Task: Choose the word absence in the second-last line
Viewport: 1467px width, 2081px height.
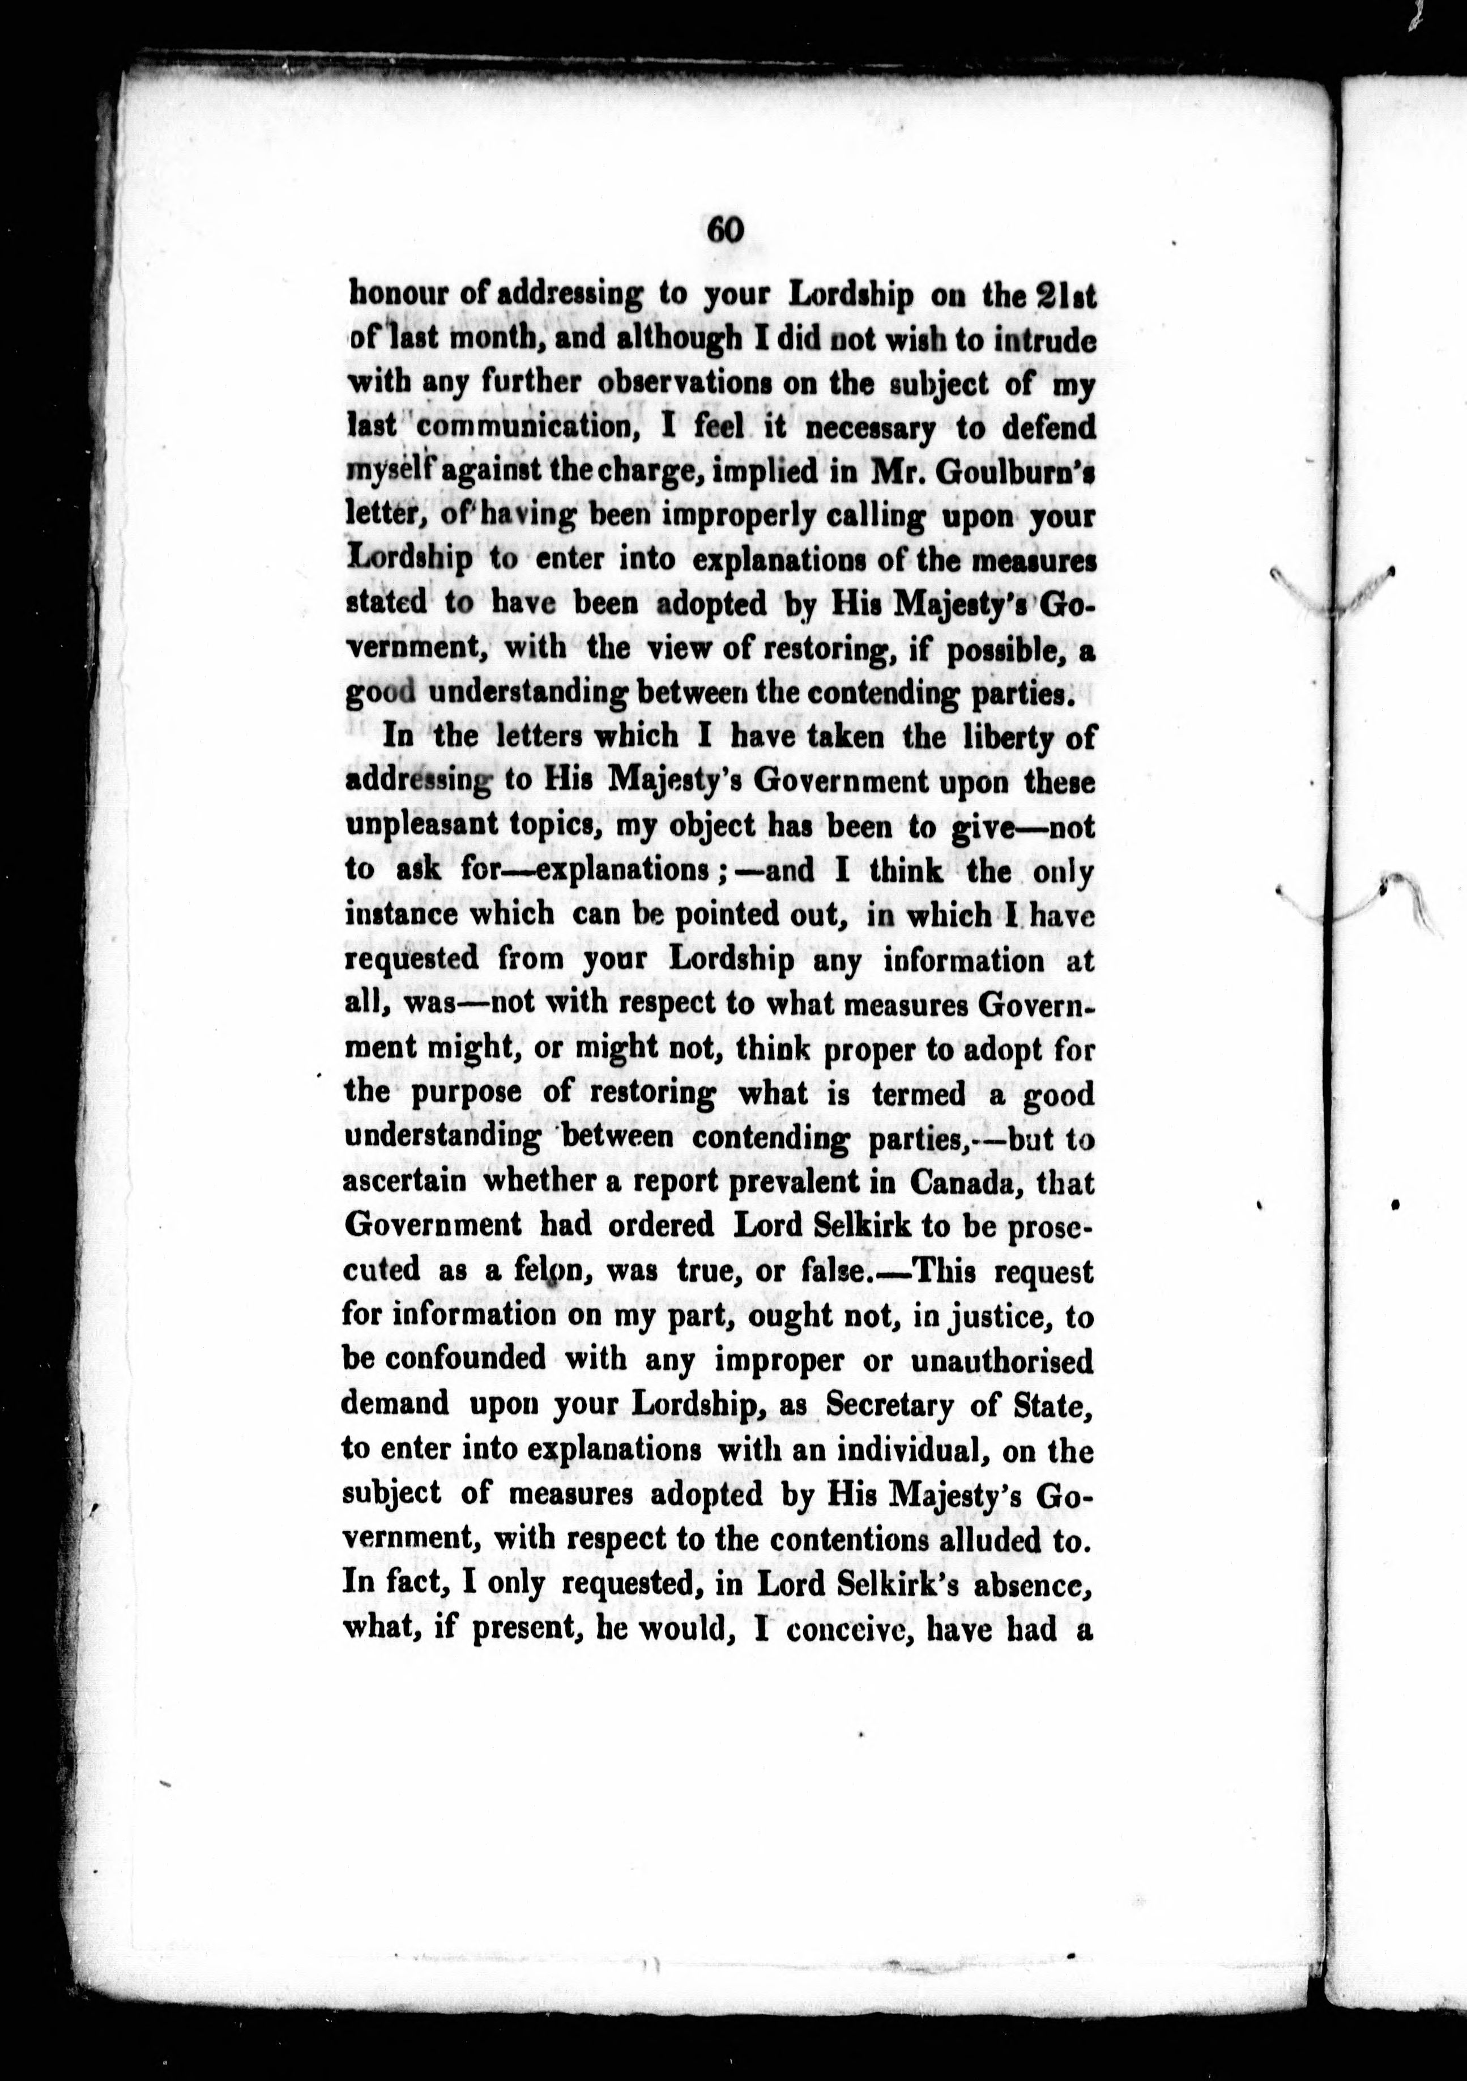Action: [1024, 1585]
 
